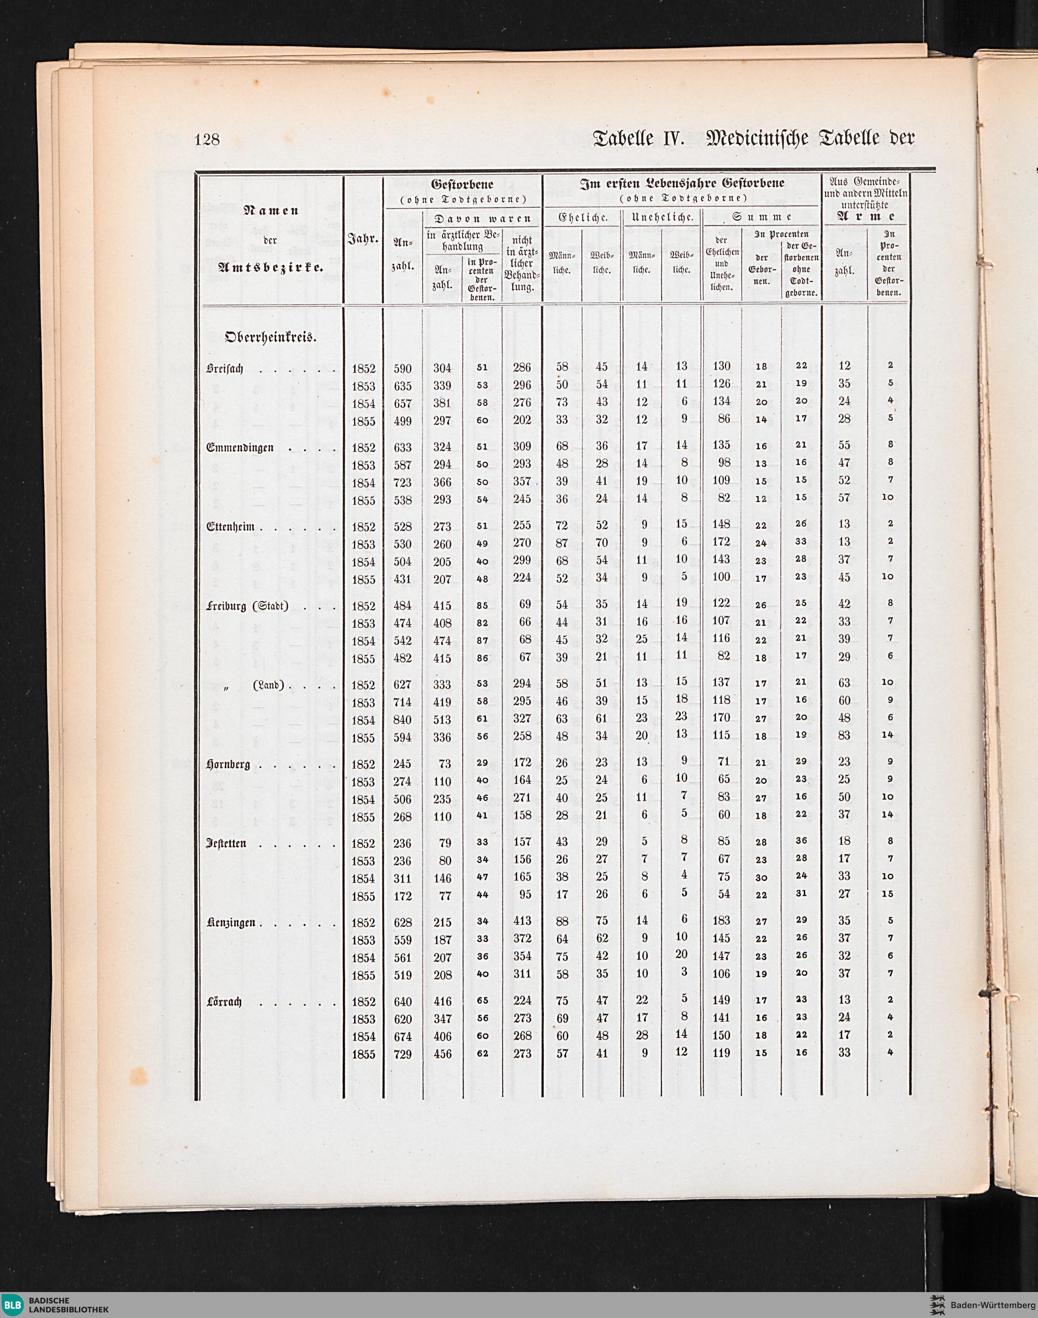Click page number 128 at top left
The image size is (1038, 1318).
click(207, 140)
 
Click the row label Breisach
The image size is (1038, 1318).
click(225, 369)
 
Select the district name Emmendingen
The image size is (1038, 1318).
click(241, 447)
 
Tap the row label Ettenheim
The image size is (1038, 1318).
click(232, 526)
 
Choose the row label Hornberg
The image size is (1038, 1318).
click(228, 764)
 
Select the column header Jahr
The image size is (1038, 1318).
click(363, 240)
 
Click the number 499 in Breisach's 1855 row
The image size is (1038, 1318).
click(402, 420)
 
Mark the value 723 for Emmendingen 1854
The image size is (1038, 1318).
click(402, 483)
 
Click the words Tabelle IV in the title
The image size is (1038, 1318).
click(638, 139)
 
